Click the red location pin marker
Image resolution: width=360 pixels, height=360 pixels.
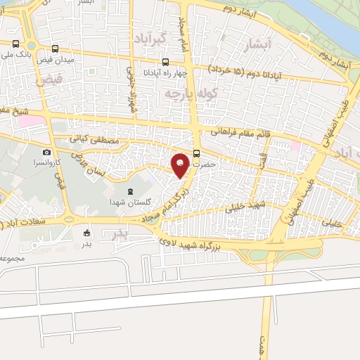point(181,165)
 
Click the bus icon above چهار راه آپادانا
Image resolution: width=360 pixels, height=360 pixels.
point(165,61)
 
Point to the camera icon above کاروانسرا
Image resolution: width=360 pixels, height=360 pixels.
point(46,152)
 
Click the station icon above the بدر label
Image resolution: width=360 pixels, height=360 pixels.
point(87,233)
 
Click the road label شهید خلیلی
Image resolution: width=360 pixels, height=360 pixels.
point(244,206)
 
